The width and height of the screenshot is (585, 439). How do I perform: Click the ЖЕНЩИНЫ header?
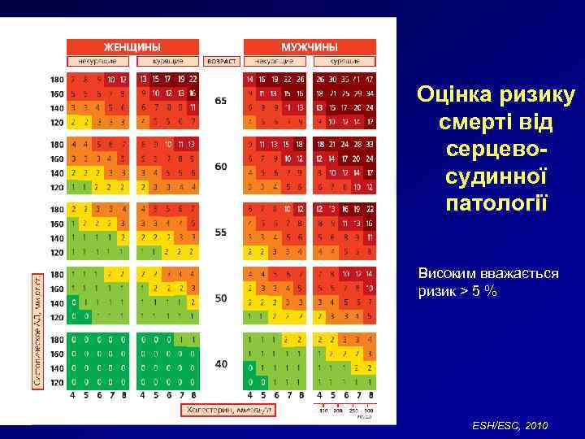[131, 46]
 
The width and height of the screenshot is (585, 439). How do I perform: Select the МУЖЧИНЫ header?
[310, 46]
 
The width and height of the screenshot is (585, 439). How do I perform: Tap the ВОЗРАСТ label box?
[221, 61]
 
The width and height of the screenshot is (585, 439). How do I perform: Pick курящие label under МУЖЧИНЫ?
[345, 61]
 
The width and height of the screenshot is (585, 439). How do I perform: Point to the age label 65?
[221, 100]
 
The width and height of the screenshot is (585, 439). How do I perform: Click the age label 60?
[221, 166]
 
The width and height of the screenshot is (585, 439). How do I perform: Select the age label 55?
[221, 232]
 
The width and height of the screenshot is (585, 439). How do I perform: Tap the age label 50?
[221, 298]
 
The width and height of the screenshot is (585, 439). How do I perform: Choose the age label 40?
[221, 363]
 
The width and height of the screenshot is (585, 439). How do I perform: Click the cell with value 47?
[370, 80]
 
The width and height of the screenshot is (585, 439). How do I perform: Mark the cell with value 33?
[370, 145]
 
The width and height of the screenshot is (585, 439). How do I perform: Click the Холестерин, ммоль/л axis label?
[228, 411]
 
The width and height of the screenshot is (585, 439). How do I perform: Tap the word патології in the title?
[496, 201]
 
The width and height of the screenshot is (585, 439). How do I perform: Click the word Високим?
[448, 273]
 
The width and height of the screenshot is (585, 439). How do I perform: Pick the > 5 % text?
[480, 291]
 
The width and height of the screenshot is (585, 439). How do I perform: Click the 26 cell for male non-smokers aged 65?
[301, 80]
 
